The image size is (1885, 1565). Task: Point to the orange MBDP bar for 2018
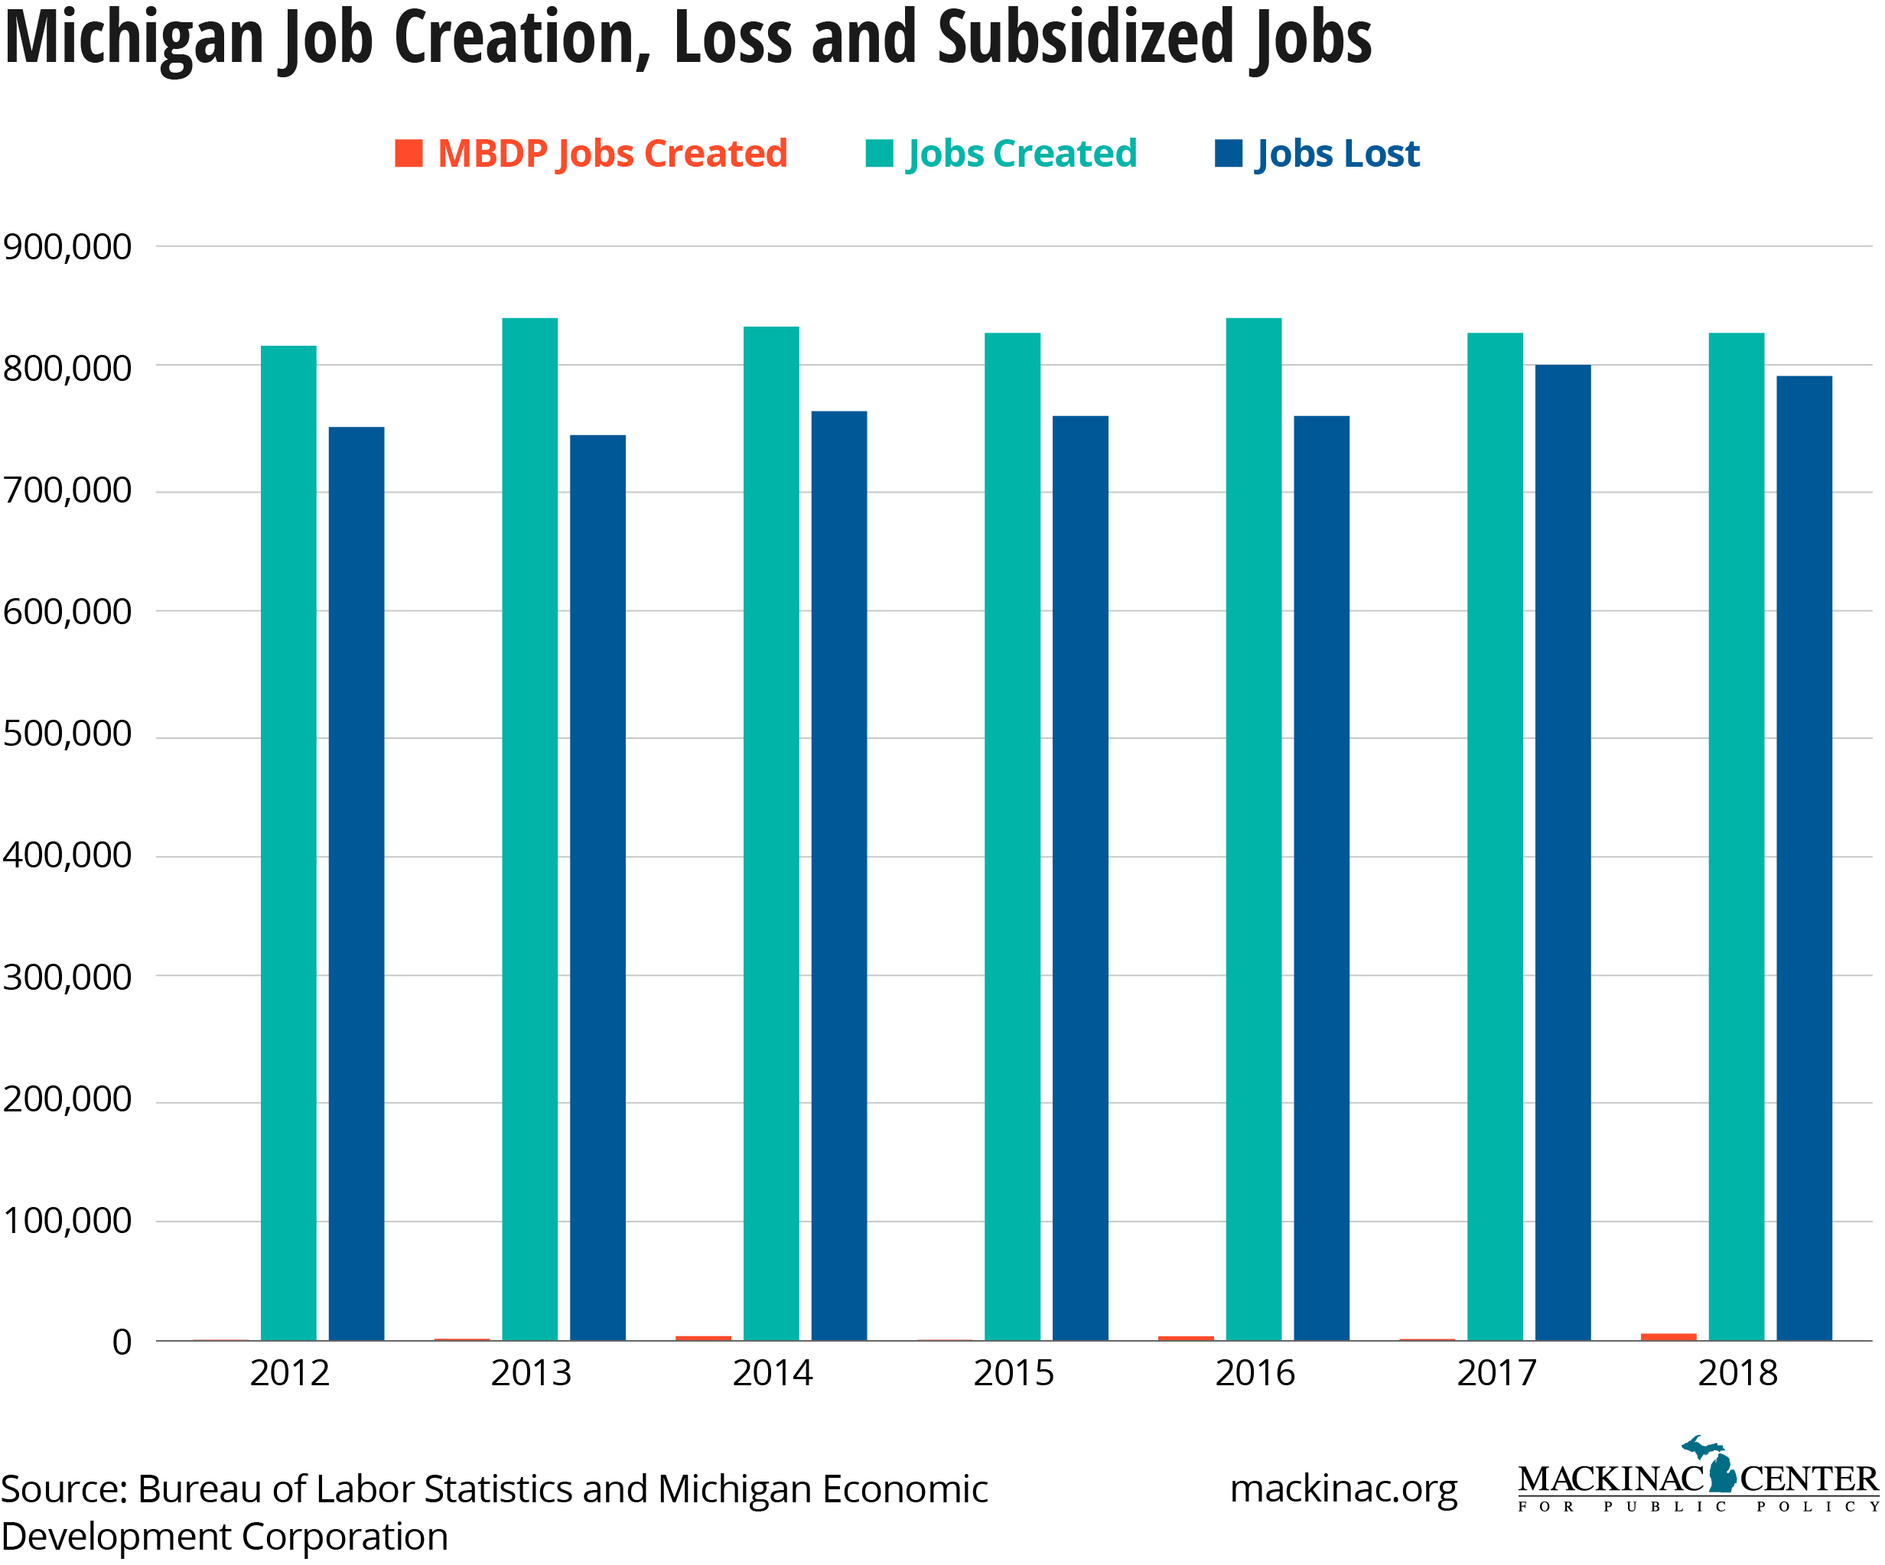click(x=1668, y=1336)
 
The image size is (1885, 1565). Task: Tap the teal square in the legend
click(x=879, y=154)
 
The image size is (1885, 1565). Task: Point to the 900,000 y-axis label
click(x=67, y=247)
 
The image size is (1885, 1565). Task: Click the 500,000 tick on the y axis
click(x=67, y=734)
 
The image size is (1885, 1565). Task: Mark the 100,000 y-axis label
click(x=67, y=1221)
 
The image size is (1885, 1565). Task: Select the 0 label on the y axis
click(x=122, y=1342)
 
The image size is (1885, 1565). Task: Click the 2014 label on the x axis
click(x=772, y=1373)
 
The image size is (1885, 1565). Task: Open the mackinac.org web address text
click(x=1343, y=1489)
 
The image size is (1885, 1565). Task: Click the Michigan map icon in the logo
click(x=1720, y=1468)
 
